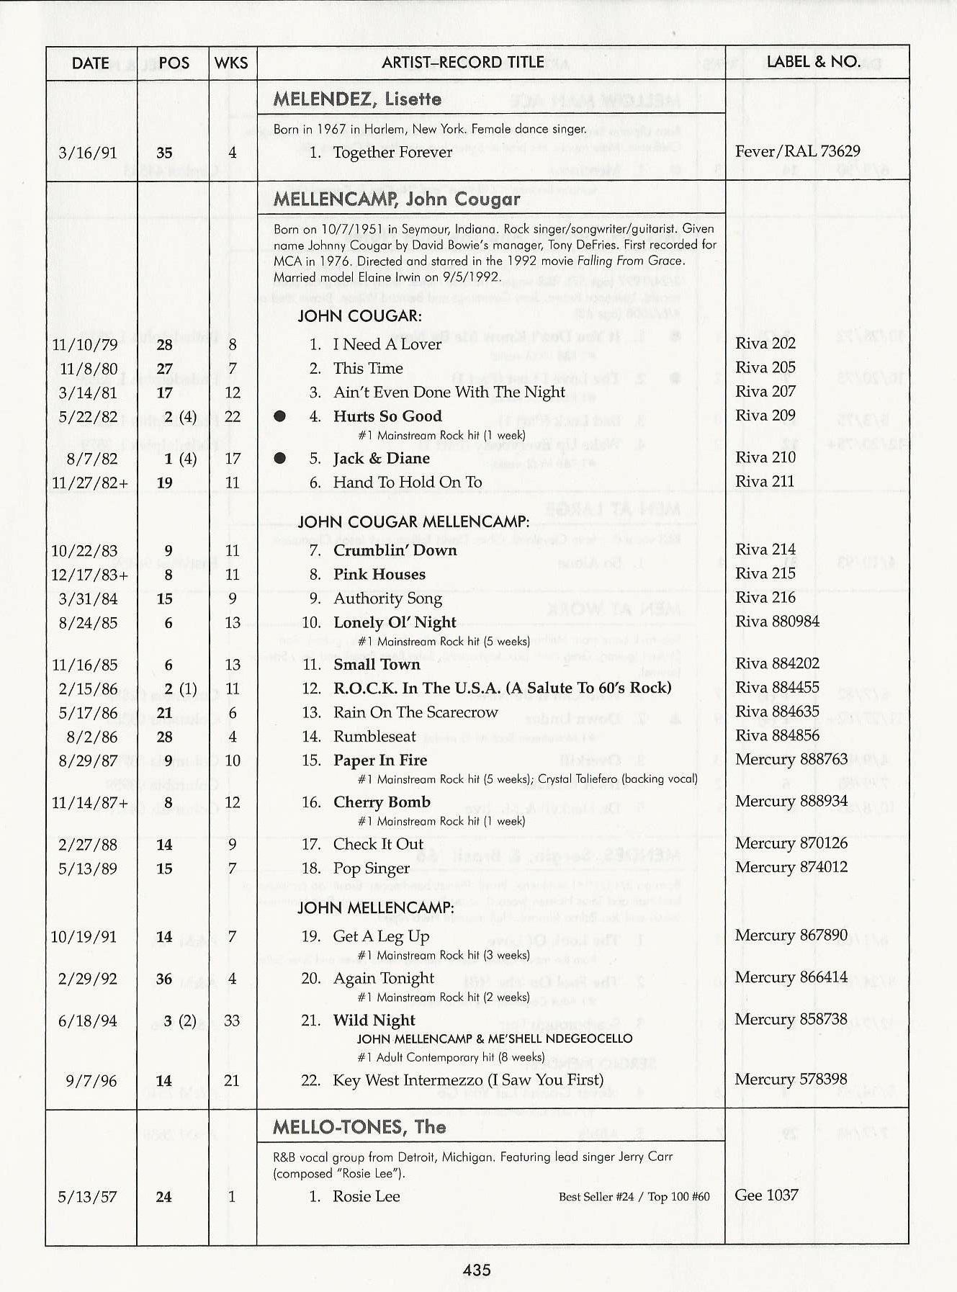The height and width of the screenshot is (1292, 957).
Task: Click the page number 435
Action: click(477, 1270)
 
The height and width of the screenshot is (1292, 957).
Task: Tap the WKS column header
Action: click(231, 63)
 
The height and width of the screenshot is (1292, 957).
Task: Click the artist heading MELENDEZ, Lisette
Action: click(357, 99)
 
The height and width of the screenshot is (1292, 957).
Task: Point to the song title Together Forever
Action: click(392, 152)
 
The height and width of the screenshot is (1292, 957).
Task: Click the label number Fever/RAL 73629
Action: click(797, 151)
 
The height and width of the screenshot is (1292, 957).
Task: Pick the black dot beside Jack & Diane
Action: click(280, 459)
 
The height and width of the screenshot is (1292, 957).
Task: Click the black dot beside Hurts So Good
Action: click(280, 416)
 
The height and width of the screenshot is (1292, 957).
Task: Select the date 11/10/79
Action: click(85, 344)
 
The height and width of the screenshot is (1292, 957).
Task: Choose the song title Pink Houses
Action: click(379, 574)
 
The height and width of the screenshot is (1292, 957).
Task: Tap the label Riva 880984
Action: click(777, 621)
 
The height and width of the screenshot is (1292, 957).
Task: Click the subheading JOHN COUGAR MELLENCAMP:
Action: click(413, 521)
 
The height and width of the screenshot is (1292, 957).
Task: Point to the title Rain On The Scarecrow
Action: click(415, 712)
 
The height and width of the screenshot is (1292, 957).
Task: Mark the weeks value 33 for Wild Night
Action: click(232, 1020)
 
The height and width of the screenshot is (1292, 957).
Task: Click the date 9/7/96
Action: click(88, 1080)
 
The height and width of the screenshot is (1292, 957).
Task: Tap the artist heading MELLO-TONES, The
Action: click(359, 1127)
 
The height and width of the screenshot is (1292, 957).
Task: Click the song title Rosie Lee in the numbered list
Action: click(366, 1196)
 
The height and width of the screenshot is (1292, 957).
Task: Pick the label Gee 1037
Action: click(766, 1195)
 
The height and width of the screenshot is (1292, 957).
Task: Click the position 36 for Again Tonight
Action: click(164, 979)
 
